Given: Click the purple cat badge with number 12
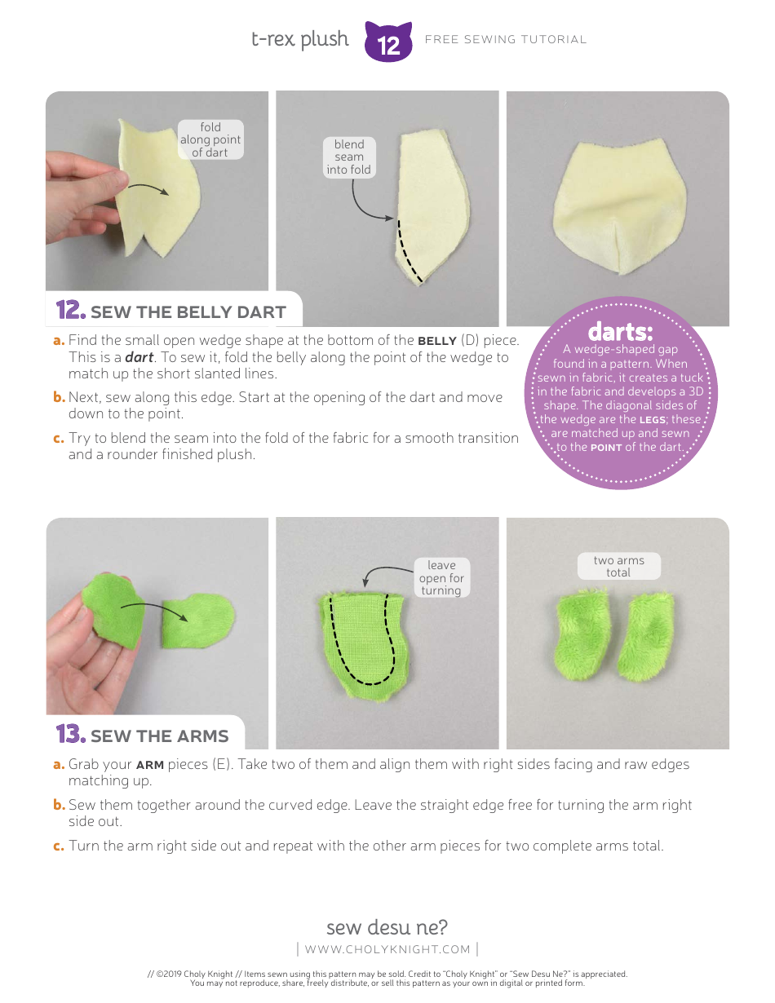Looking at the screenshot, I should point(388,42).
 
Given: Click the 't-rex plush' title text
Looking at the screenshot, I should point(299,39).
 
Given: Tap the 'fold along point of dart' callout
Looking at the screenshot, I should point(210,139).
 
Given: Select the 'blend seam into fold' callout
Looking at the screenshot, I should point(348,157).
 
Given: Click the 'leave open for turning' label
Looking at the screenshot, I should point(441,577).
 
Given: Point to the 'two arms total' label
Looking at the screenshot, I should point(618,566).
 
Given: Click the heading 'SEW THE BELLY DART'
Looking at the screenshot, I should point(188,312).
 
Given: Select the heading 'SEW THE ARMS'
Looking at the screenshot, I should point(159,736).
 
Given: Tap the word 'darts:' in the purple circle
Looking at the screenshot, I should point(620,333).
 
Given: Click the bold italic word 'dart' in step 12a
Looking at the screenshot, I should point(138,357).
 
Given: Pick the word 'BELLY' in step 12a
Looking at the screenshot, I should point(437,341).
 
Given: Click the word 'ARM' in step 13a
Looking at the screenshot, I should point(149,765).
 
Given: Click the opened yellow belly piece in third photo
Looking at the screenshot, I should point(618,209).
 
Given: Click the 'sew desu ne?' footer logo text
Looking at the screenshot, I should point(387,927).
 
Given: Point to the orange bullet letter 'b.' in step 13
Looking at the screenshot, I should point(59,805).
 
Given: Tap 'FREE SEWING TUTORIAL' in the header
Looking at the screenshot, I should point(506,39).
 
